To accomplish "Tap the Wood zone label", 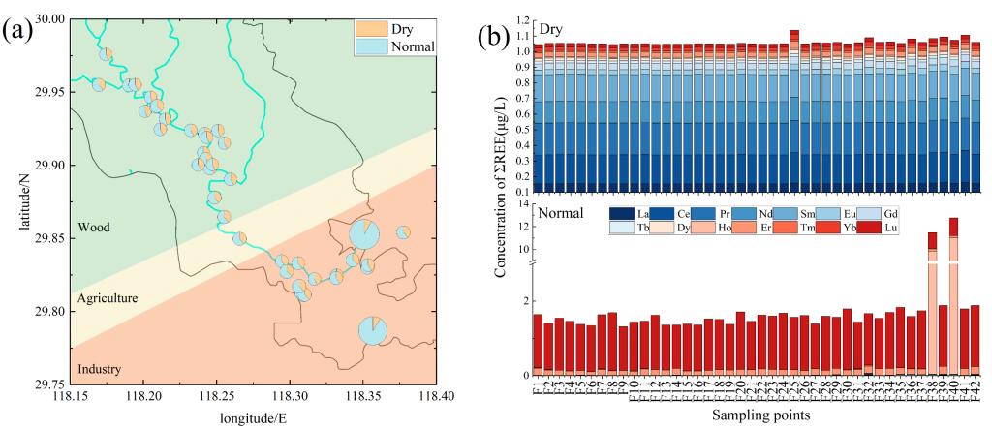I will (97, 228).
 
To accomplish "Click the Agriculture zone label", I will (108, 298).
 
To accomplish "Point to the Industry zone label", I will (100, 370).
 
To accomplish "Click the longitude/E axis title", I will (252, 419).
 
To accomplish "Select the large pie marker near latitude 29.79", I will (373, 329).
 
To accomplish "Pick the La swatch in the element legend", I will (618, 213).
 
